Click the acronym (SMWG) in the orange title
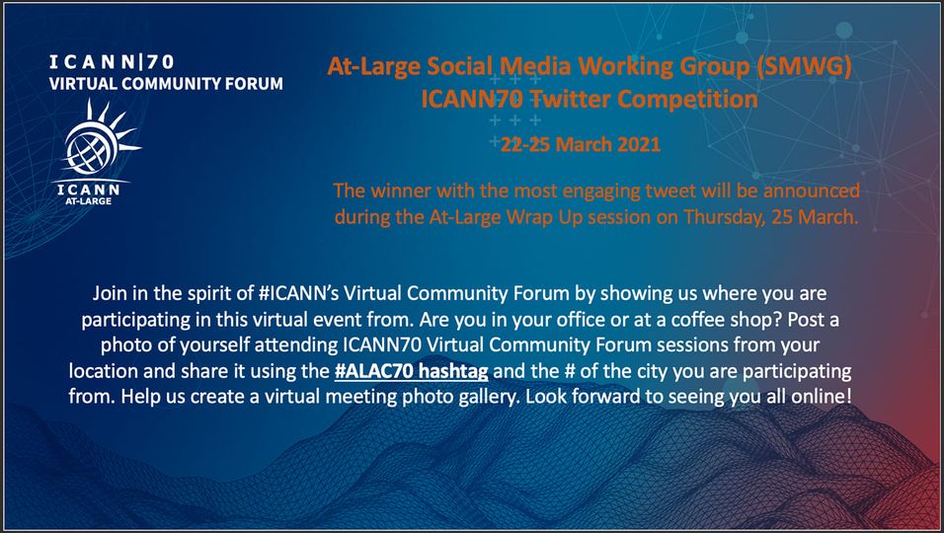[x=805, y=66]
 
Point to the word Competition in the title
[x=687, y=100]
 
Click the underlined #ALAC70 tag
[x=373, y=370]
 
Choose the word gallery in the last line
[x=480, y=397]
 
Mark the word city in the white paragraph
[x=653, y=371]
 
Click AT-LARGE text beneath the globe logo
[x=89, y=201]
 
